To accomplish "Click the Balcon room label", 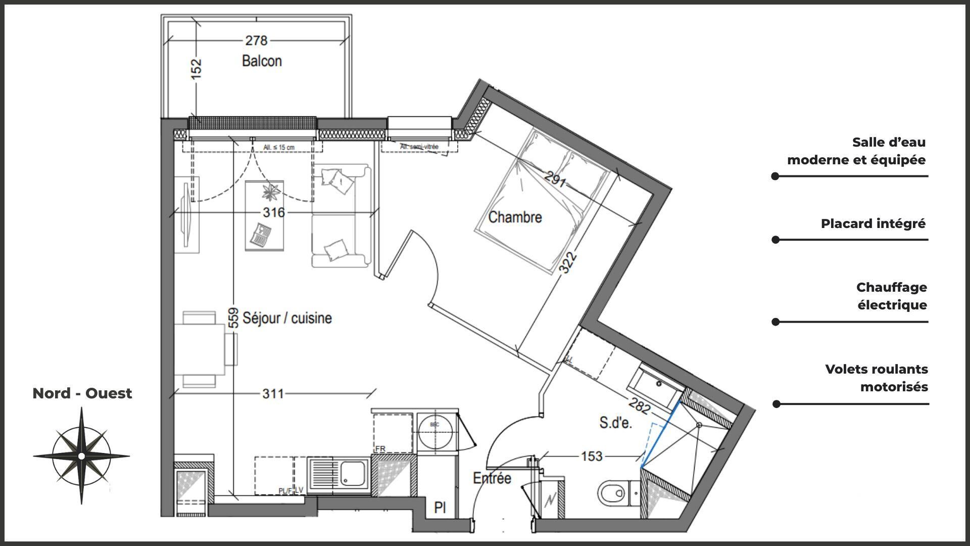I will pos(262,61).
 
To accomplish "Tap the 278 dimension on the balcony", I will pos(256,40).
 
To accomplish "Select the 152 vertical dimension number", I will pos(197,68).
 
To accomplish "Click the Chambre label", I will pos(515,217).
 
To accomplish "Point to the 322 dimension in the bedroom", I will pos(569,262).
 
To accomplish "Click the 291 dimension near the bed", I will pos(555,179).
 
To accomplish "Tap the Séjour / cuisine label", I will pos(287,318).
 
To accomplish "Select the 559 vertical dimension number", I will pos(233,318).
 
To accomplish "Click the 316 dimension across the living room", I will pos(273,212).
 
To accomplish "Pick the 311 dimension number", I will pos(273,393).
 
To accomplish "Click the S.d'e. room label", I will pos(615,423).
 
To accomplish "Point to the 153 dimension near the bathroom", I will pos(592,457).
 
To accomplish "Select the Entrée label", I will pos(492,478).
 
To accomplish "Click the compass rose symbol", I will pos(81,456).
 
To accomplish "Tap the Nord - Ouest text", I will pos(82,393).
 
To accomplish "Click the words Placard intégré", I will pos(872,223).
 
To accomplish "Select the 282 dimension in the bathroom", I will pos(639,406).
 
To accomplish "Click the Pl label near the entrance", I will pos(440,508).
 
